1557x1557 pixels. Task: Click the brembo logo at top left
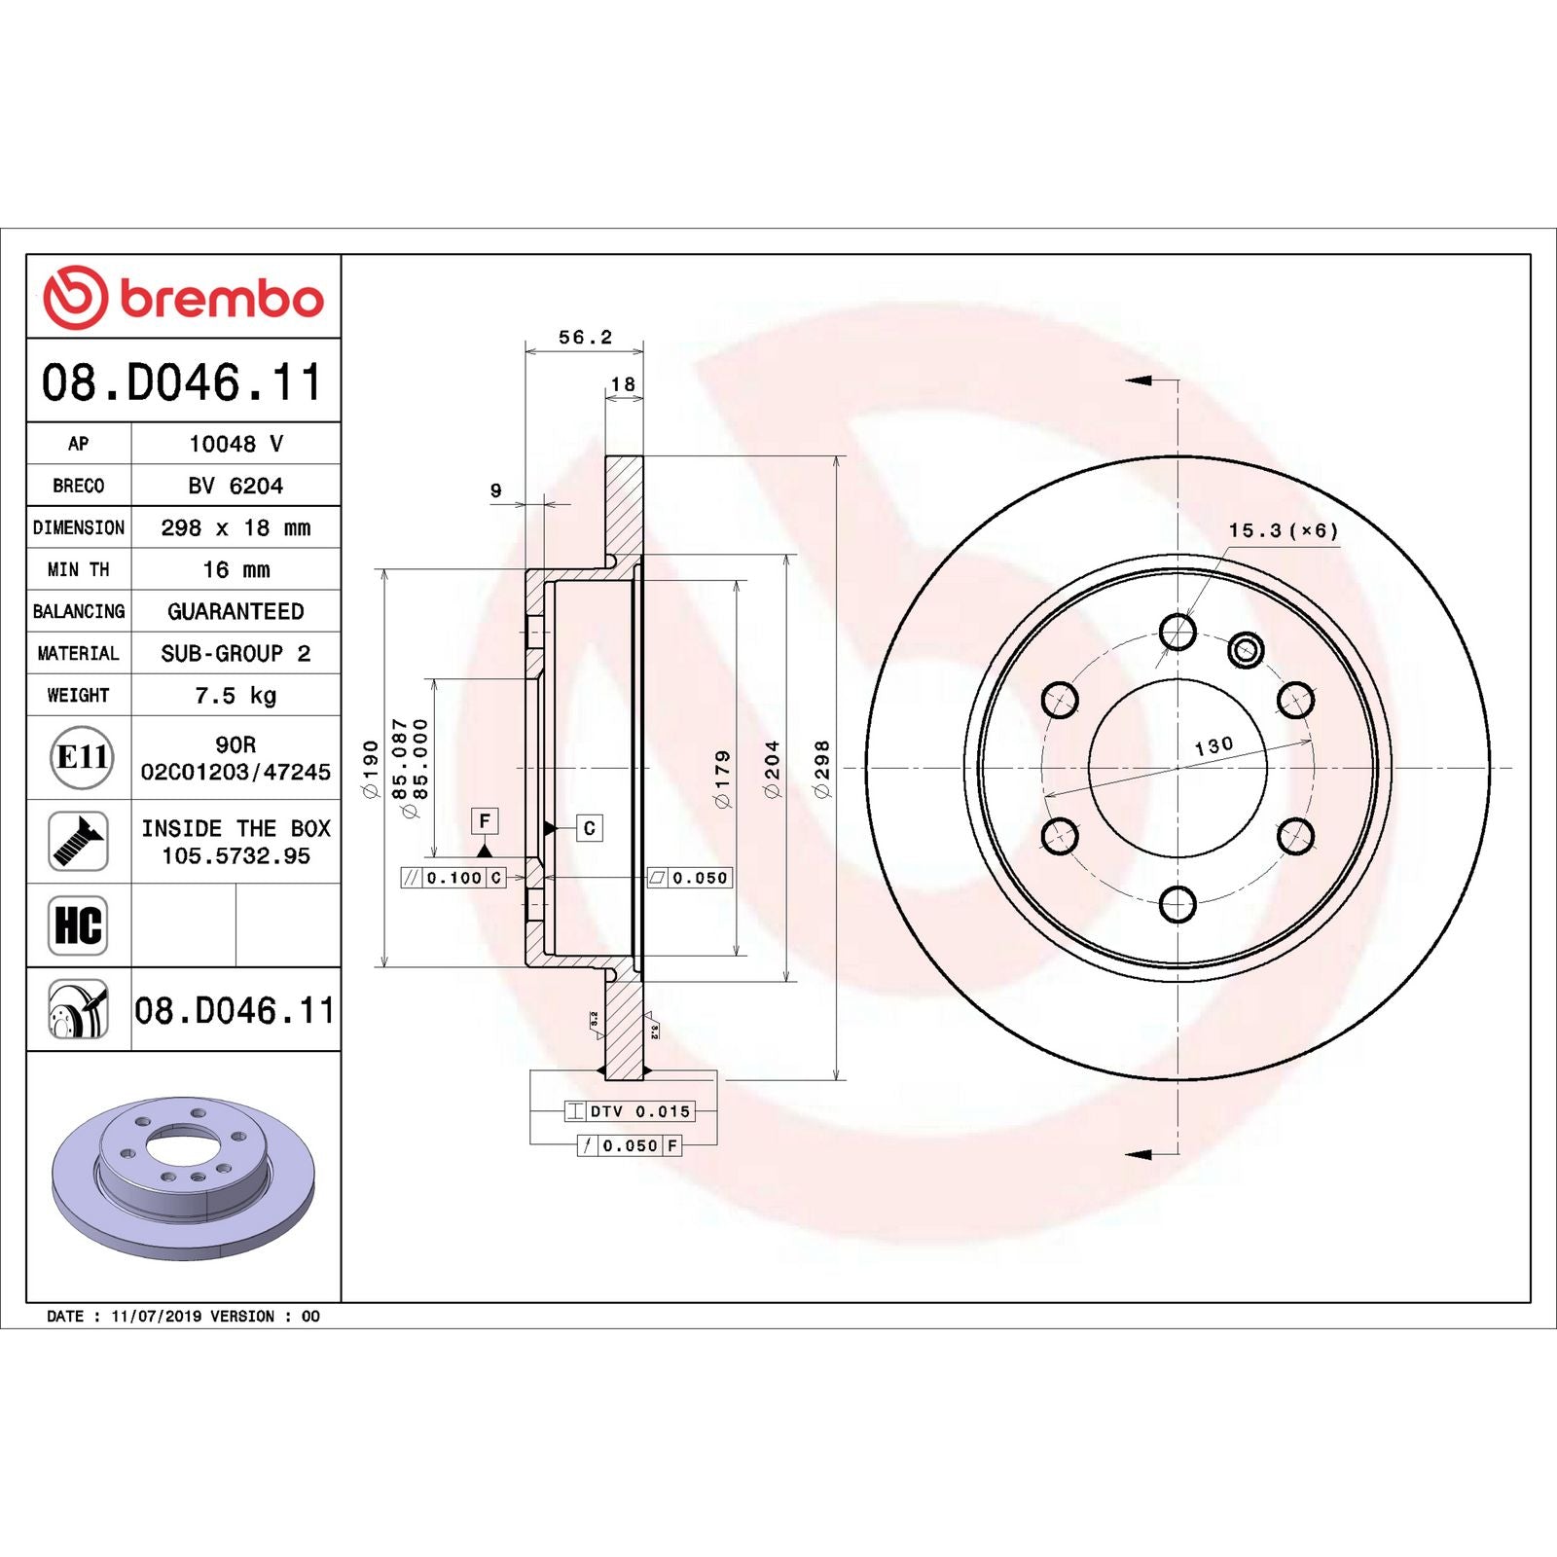pyautogui.click(x=183, y=298)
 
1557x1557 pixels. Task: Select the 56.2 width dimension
pyautogui.click(x=585, y=338)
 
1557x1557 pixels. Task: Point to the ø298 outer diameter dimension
pyautogui.click(x=822, y=769)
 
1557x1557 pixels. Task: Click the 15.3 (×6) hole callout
pyautogui.click(x=1283, y=530)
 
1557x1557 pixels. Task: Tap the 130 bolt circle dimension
pyautogui.click(x=1213, y=746)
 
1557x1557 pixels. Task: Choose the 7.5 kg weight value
pyautogui.click(x=235, y=696)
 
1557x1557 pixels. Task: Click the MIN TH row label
pyautogui.click(x=78, y=569)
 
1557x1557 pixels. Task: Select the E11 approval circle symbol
pyautogui.click(x=81, y=757)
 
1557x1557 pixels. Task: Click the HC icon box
pyautogui.click(x=78, y=925)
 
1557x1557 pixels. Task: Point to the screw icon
pyautogui.click(x=78, y=842)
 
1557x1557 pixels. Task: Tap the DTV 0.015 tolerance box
pyautogui.click(x=639, y=1111)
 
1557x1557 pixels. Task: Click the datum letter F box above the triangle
pyautogui.click(x=484, y=820)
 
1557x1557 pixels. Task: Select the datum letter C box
pyautogui.click(x=589, y=828)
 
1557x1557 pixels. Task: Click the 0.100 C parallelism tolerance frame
pyautogui.click(x=453, y=878)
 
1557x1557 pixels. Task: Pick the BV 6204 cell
pyautogui.click(x=235, y=486)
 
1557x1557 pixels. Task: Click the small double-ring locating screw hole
pyautogui.click(x=1246, y=649)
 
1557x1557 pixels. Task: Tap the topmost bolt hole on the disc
pyautogui.click(x=1177, y=632)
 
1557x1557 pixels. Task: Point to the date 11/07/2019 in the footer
pyautogui.click(x=156, y=1316)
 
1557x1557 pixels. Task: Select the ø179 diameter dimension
pyautogui.click(x=722, y=778)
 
